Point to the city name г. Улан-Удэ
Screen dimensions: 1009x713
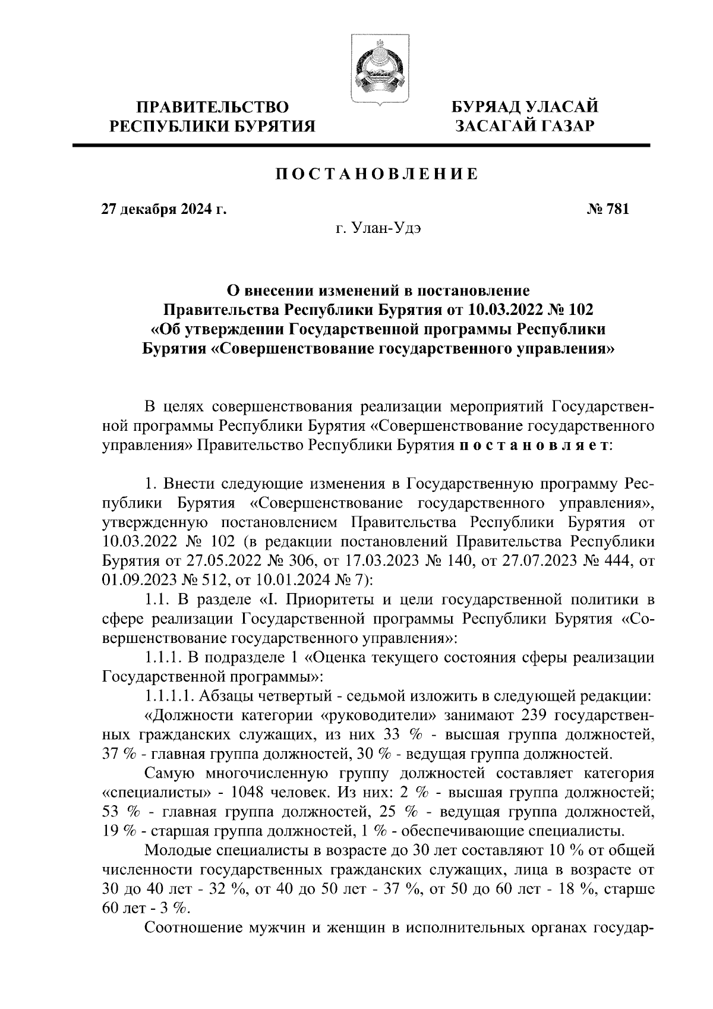click(x=378, y=229)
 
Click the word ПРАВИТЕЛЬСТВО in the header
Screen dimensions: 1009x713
click(x=213, y=108)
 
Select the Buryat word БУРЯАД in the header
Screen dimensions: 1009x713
click(x=485, y=108)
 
